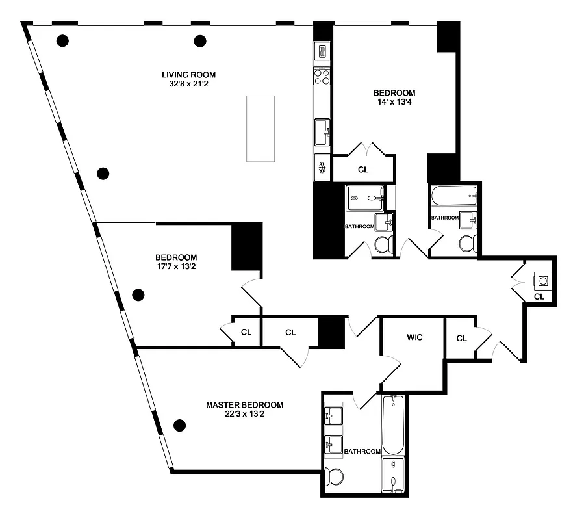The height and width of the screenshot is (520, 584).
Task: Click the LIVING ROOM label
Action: [x=188, y=74]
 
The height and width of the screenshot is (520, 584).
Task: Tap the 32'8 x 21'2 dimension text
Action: [x=188, y=84]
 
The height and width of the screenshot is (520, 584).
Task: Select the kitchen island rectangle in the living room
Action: [x=260, y=128]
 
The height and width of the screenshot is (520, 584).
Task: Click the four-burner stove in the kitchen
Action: [x=322, y=77]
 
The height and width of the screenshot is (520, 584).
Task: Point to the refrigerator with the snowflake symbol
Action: [x=322, y=168]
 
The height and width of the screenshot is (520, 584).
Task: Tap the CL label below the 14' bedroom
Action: [x=363, y=170]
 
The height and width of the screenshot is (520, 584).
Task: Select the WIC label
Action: [x=415, y=338]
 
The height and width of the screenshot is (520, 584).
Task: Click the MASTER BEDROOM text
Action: [x=244, y=404]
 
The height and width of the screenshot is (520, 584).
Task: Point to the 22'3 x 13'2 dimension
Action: [x=244, y=414]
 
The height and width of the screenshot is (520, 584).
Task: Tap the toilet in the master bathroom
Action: [x=335, y=478]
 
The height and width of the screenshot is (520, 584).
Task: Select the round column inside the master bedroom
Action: [x=180, y=426]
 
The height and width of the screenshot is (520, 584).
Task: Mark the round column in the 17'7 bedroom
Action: [x=138, y=295]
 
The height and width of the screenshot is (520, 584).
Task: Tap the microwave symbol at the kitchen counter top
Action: [x=322, y=51]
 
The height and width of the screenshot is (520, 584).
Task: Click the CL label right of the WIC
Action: [x=461, y=338]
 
